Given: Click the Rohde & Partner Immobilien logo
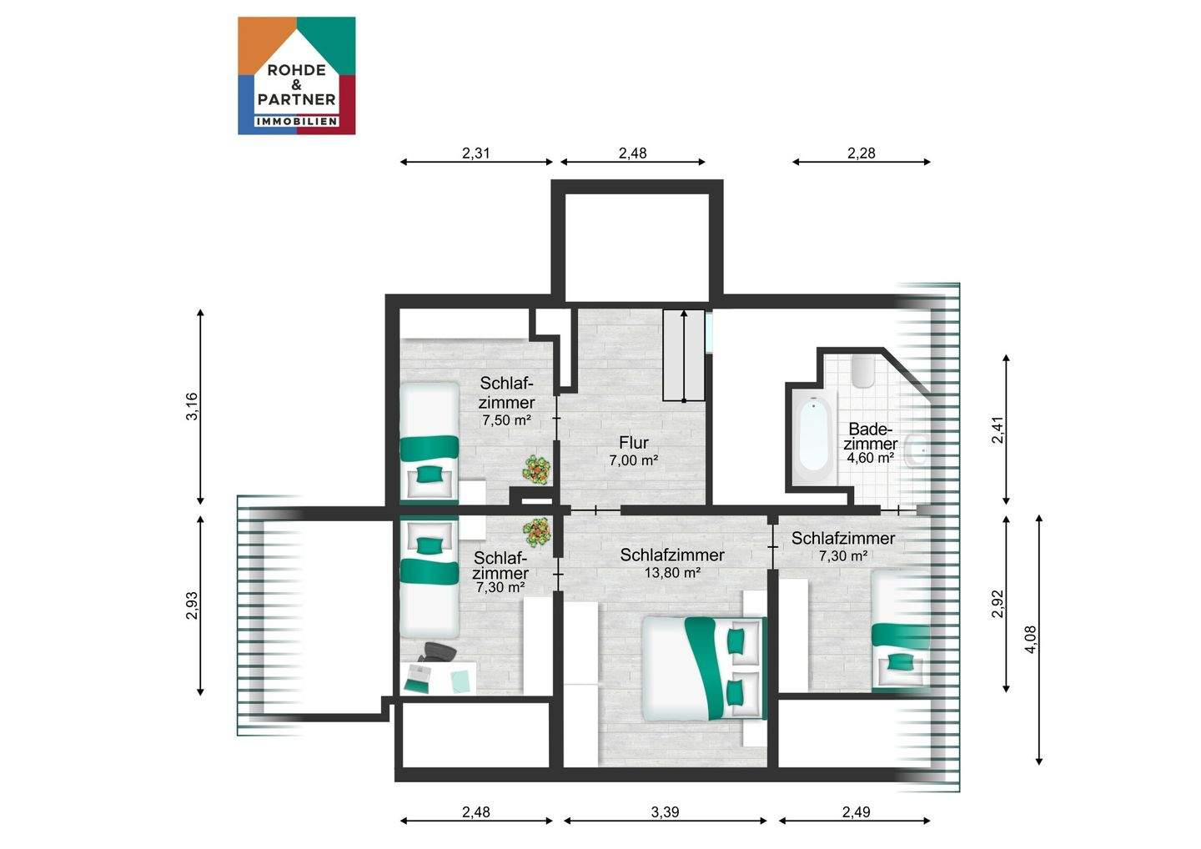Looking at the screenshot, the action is (x=297, y=76).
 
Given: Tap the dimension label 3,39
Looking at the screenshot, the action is (x=665, y=812).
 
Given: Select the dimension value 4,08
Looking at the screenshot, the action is (x=1030, y=640).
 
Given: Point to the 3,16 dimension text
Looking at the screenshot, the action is (x=192, y=406).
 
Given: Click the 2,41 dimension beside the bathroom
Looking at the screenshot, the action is (x=997, y=430).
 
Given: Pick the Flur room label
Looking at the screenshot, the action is (x=634, y=443).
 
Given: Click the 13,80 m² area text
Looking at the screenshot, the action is (x=672, y=573).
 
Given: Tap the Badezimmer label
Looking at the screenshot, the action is (x=870, y=436).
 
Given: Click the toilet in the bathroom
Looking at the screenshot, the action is (x=863, y=369).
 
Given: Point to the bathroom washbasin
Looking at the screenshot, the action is (x=917, y=450).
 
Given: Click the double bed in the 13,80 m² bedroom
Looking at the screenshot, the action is (x=705, y=668).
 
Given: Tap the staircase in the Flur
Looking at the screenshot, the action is (x=684, y=354).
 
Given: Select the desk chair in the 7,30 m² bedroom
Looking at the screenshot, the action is (x=438, y=652).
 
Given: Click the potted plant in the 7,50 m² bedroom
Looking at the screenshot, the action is (x=537, y=470).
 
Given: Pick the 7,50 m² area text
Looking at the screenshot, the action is (x=507, y=420).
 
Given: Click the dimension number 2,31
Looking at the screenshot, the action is (x=475, y=153).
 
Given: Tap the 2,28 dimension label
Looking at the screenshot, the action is (x=861, y=153).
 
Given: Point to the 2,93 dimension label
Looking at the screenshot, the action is (x=192, y=605).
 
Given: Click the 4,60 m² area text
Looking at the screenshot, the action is (x=870, y=458).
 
